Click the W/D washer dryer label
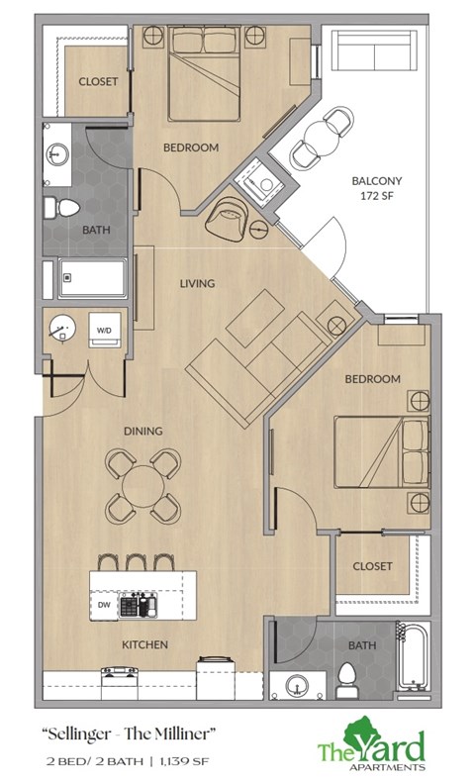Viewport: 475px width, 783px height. pos(104,330)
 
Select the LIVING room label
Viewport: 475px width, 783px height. pos(197,284)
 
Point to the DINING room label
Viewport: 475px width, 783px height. pos(143,431)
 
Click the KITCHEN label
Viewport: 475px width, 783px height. pos(144,645)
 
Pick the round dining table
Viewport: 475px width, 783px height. pos(144,485)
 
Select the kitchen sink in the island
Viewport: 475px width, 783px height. pos(140,602)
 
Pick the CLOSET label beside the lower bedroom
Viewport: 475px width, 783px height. pos(372,567)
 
